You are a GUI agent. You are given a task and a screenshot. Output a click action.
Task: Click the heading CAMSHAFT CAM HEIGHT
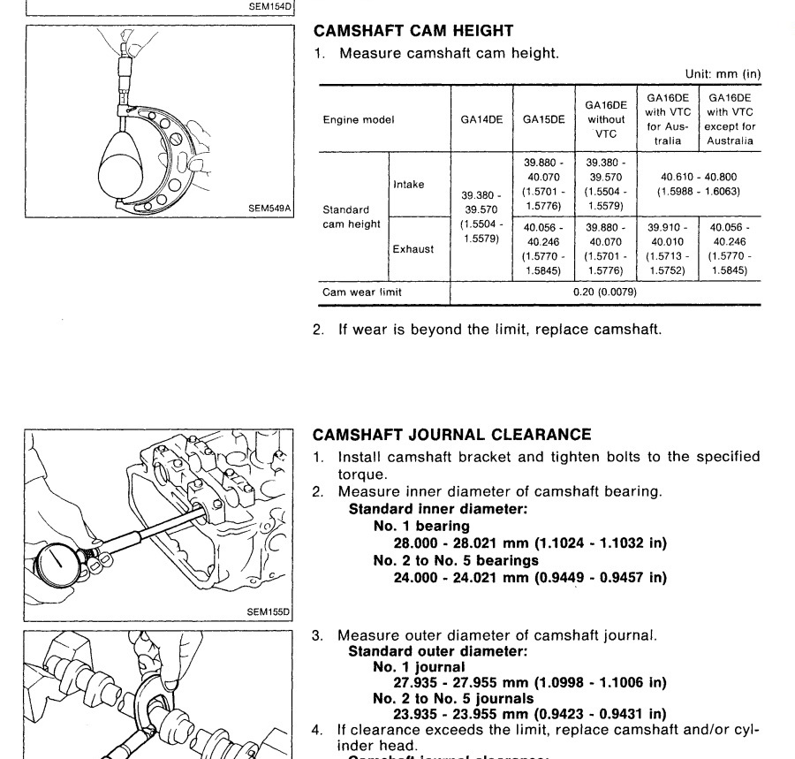click(x=413, y=31)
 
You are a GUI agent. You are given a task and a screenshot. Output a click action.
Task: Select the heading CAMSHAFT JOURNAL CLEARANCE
click(x=452, y=435)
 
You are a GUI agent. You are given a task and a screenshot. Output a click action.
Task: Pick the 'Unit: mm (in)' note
click(x=723, y=73)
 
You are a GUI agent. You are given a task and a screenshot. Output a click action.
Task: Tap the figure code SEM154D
click(x=272, y=6)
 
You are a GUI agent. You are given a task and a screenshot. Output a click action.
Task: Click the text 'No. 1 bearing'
click(x=418, y=526)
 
